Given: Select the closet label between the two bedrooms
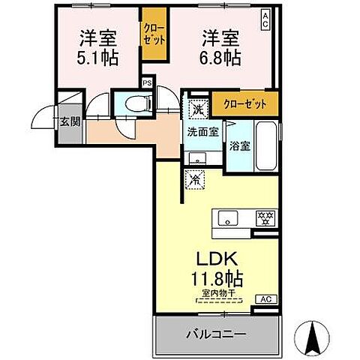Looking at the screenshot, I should pyautogui.click(x=154, y=33).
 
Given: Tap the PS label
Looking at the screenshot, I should pyautogui.click(x=148, y=82).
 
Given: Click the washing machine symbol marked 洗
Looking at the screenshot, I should pyautogui.click(x=197, y=108).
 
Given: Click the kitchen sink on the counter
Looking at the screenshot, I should pyautogui.click(x=226, y=217).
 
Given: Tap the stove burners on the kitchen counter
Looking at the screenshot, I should pyautogui.click(x=263, y=217).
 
